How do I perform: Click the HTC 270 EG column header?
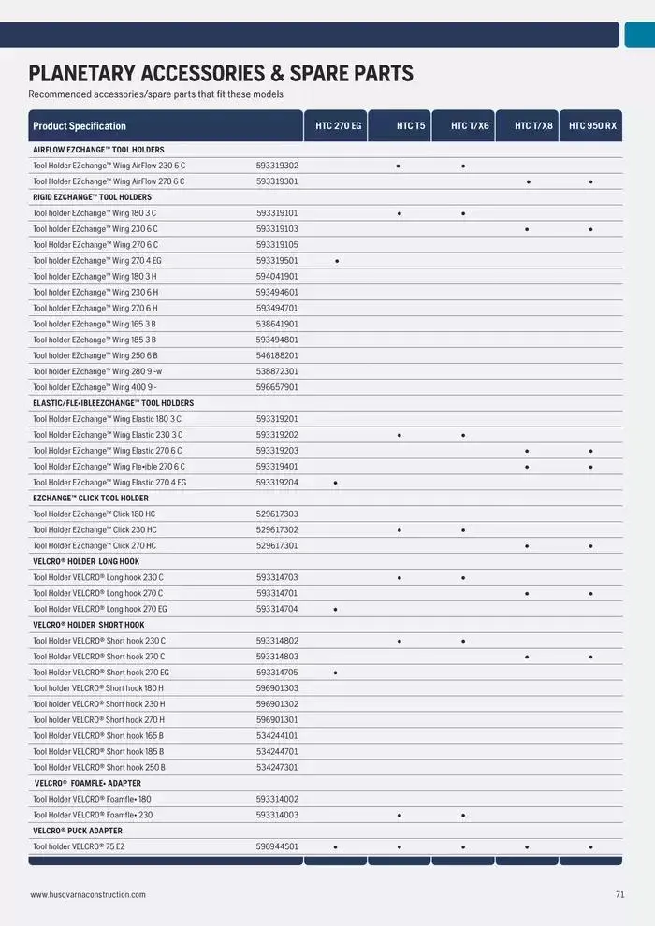(x=338, y=125)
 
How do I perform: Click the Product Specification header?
(x=80, y=126)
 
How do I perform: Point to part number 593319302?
(x=277, y=166)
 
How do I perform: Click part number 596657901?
(x=277, y=387)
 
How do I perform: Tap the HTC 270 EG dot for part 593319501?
(x=336, y=261)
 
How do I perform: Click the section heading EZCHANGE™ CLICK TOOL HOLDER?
(x=91, y=499)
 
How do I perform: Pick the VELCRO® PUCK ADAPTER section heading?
(x=78, y=831)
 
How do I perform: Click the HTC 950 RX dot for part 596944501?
(x=590, y=847)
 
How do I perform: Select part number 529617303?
(x=277, y=514)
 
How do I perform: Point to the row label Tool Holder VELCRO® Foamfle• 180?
(x=92, y=800)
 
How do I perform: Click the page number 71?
(x=619, y=895)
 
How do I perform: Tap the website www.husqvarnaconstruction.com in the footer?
(x=88, y=895)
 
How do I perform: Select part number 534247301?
(x=277, y=768)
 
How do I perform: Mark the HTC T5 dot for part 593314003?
(x=399, y=816)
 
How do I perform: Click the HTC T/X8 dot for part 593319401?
(x=527, y=467)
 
